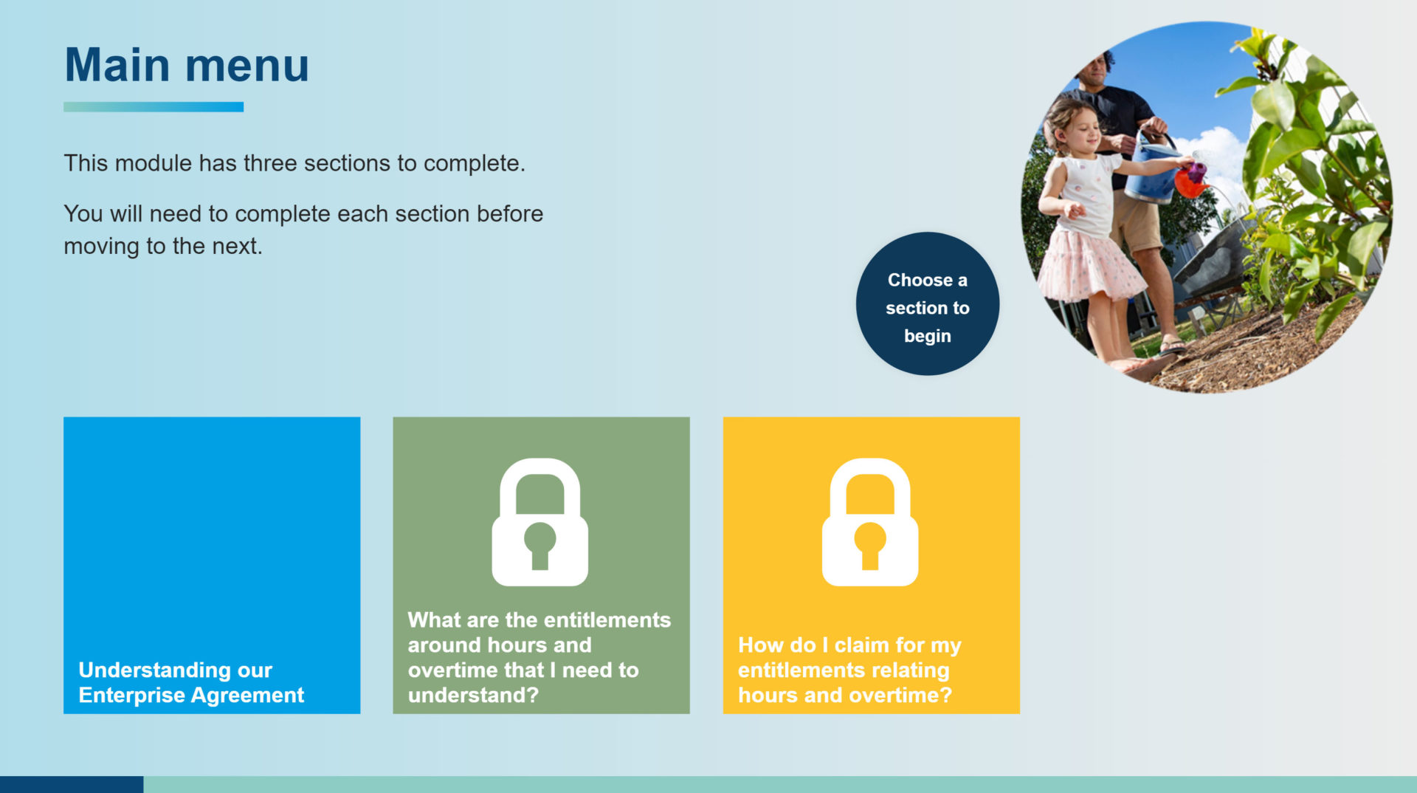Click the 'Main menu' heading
coord(187,65)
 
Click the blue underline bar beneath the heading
coord(154,107)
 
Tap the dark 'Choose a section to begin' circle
coord(928,303)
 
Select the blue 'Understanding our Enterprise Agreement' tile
coord(212,565)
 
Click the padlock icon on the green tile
coord(540,522)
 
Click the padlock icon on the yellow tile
coord(870,522)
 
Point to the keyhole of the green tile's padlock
coord(540,546)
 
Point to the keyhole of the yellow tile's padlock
coord(870,546)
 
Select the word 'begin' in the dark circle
coord(928,337)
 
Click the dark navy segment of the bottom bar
coord(72,784)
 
